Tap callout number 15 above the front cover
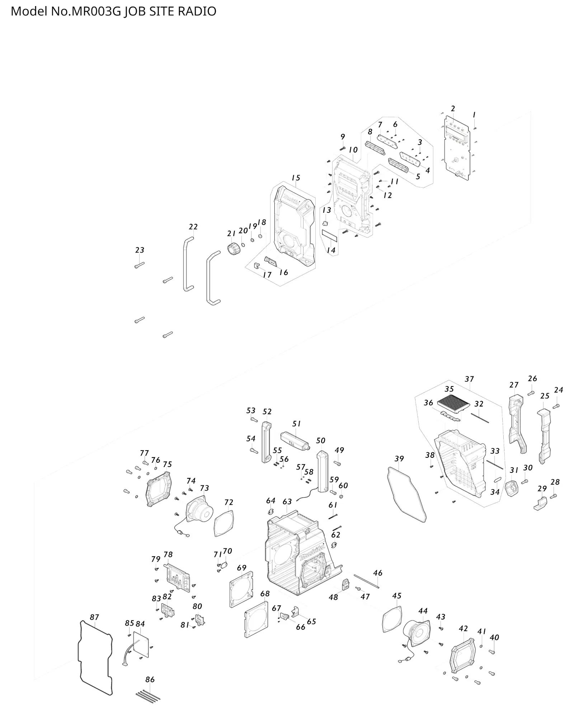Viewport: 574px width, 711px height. tap(296, 178)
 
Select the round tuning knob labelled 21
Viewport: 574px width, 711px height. tap(234, 248)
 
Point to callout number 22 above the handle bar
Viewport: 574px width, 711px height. tap(193, 227)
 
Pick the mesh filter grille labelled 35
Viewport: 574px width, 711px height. tap(454, 403)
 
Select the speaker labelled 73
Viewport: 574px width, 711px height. tap(199, 511)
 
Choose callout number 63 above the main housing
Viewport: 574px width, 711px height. tap(287, 501)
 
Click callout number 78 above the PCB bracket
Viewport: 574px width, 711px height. tap(168, 554)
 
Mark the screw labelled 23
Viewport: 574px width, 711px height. tap(139, 265)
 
